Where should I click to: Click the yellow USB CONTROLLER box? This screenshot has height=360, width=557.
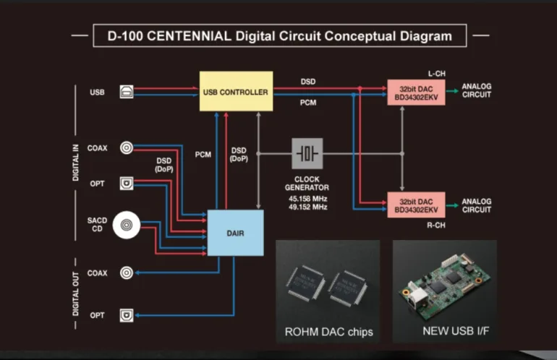coord(236,92)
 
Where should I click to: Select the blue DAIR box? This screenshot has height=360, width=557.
coord(235,232)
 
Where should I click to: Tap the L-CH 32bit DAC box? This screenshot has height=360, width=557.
coord(416,92)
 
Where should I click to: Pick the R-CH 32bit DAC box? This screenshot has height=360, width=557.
coord(416,205)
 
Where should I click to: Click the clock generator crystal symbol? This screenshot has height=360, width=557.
coord(307,153)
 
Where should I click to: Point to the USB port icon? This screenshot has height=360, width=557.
coord(127,92)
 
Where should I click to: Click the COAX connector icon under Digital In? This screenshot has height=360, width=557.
coord(127,148)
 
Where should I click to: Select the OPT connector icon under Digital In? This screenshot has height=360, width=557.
coord(127,184)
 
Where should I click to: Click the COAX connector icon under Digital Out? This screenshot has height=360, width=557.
coord(127,273)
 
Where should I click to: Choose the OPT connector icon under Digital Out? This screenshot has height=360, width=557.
coord(127,316)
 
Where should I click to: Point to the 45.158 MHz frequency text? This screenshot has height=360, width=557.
coord(307,198)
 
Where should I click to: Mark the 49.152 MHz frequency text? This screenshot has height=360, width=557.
coord(307,207)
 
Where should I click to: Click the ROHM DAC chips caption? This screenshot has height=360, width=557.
coord(328,332)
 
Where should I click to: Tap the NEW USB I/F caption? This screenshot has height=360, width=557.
coord(444,332)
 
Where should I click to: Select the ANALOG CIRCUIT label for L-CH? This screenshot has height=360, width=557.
coord(477,91)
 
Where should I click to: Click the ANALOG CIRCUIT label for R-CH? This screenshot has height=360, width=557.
coord(477,205)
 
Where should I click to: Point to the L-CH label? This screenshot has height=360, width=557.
coord(436,74)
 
